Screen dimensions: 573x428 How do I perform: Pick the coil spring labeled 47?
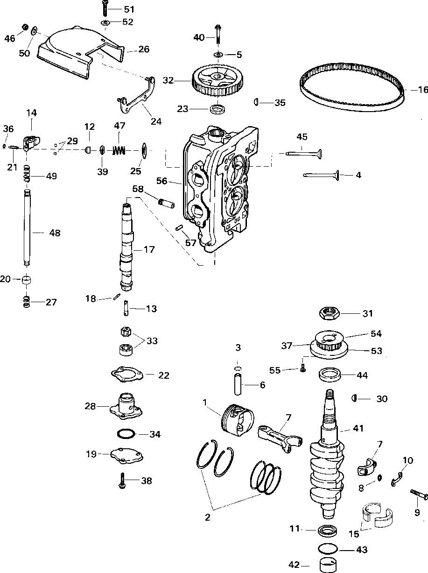coord(120,150)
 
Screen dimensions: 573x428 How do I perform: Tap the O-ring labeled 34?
coord(126,434)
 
